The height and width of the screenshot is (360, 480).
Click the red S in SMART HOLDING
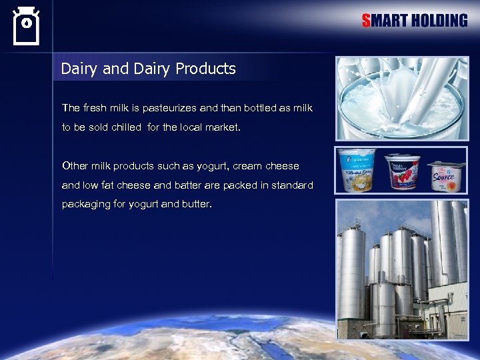tap(366, 21)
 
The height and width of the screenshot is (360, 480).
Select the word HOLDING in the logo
tap(439, 21)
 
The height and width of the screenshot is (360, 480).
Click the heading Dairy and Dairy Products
tap(148, 69)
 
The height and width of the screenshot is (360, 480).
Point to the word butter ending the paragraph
tap(196, 204)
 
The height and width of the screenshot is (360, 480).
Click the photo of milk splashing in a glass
tap(401, 98)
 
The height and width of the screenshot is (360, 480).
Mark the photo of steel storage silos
tap(401, 269)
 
